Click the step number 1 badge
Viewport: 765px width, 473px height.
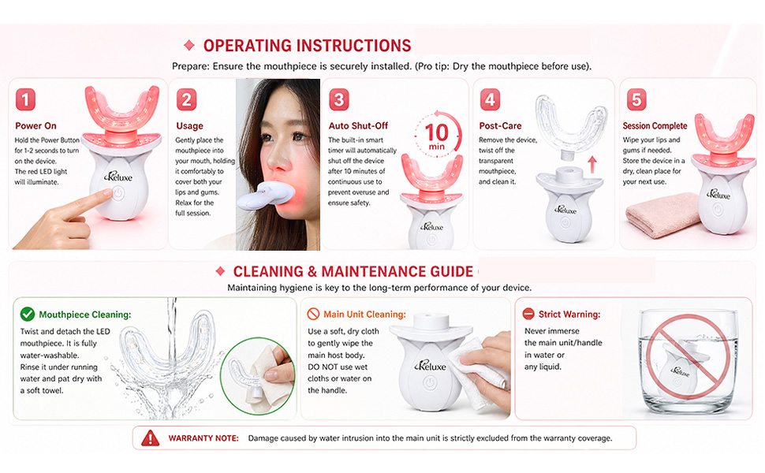25,99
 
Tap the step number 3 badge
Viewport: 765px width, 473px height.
339,99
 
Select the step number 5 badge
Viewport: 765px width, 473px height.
636,99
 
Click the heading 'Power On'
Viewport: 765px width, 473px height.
35,126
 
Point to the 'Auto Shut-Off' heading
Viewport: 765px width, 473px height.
358,126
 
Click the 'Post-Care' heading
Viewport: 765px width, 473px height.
500,126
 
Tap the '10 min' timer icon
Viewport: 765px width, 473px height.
437,134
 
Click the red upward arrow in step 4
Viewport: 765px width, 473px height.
591,164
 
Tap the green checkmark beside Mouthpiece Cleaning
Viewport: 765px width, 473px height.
28,315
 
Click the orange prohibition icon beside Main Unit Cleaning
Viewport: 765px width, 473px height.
313,314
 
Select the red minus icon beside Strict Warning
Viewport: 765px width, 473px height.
528,314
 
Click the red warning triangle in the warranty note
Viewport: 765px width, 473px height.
151,438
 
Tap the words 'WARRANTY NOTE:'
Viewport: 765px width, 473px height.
203,438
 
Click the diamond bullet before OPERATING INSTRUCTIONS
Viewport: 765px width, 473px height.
189,46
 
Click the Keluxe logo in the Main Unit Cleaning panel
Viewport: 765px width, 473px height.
431,365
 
